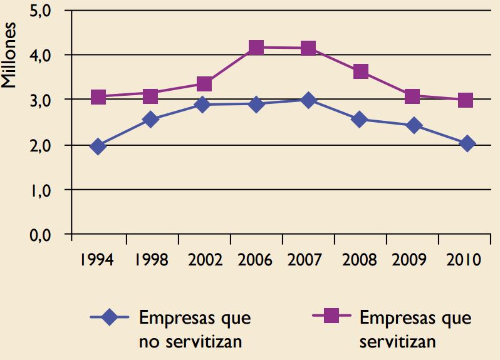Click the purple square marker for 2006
[x=256, y=48]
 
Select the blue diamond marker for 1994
[x=98, y=147]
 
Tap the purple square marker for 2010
[x=465, y=100]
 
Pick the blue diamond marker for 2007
[x=308, y=100]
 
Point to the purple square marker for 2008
[x=360, y=71]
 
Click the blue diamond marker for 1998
[x=150, y=119]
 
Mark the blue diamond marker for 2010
[x=467, y=144]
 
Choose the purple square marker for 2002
[x=204, y=84]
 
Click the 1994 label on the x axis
[x=97, y=260]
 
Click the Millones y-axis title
[x=9, y=57]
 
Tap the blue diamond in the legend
[x=110, y=318]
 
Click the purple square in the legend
[x=331, y=317]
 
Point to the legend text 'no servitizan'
[x=190, y=342]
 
